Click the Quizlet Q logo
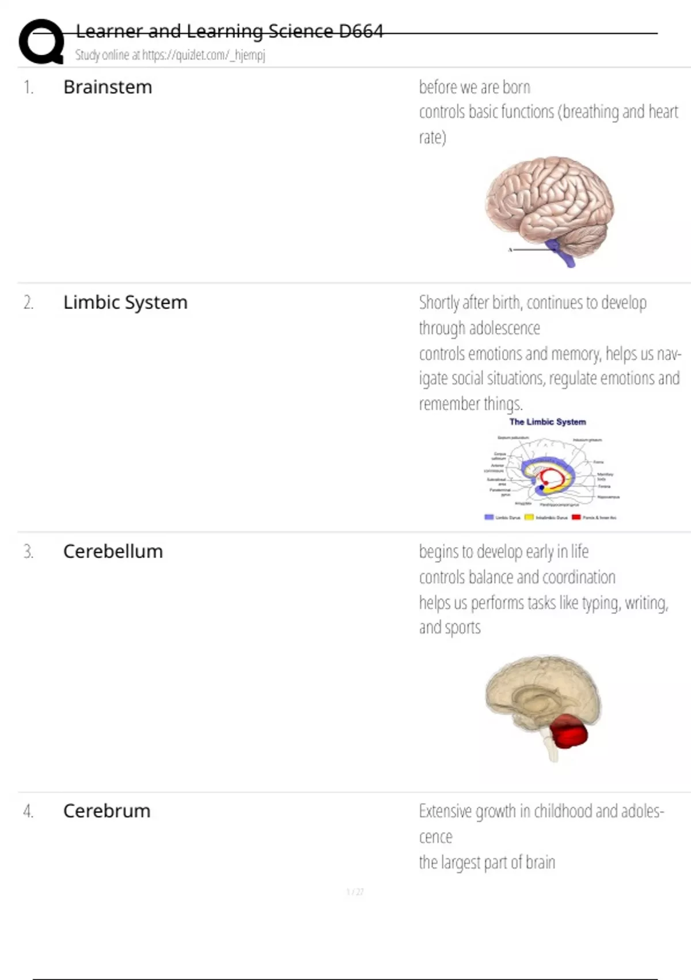(x=41, y=42)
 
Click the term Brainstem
(x=108, y=87)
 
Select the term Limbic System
(x=125, y=302)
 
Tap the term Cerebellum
(x=113, y=551)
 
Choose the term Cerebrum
(x=107, y=811)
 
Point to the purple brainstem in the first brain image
(x=561, y=253)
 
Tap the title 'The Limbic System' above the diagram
(x=547, y=422)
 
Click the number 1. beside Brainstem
(x=28, y=88)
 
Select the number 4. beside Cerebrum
(x=28, y=811)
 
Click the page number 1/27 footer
(x=355, y=892)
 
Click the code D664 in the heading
(x=360, y=31)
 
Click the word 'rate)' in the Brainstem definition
(x=432, y=137)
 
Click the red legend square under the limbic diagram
(x=576, y=517)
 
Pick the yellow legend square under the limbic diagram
(x=529, y=517)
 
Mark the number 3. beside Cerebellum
(x=28, y=552)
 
